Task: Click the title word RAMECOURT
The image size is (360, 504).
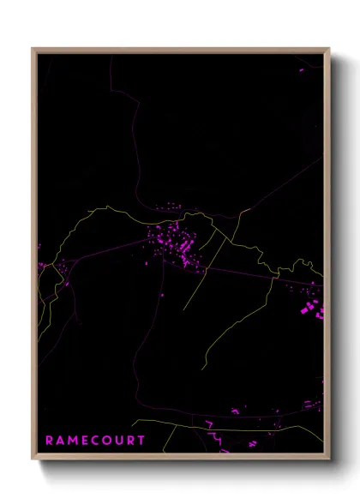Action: tap(95, 441)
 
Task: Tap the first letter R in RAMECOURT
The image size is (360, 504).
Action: tap(49, 441)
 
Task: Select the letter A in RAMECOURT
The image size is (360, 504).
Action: tap(60, 441)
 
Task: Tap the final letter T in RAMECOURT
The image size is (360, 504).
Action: tap(141, 441)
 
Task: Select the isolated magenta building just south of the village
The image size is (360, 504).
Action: tap(162, 295)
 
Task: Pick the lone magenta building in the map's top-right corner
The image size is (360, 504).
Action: tap(301, 69)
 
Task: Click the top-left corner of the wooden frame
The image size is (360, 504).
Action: tap(33, 49)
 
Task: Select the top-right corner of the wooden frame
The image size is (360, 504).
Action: tap(329, 49)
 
